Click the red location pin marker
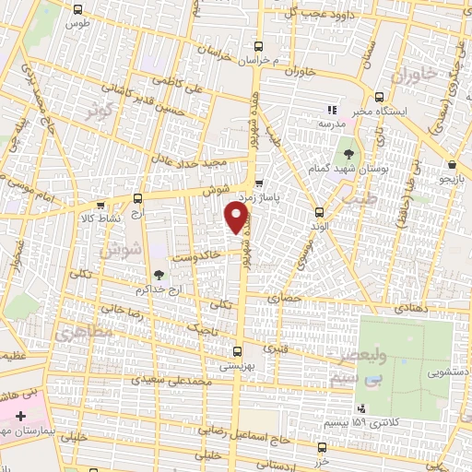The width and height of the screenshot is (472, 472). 237,217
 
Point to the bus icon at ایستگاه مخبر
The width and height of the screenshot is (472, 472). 379,96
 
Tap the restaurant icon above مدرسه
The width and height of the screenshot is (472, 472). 333,110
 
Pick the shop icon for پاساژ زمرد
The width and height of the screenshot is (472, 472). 259,183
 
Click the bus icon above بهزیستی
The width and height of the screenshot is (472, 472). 237,351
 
